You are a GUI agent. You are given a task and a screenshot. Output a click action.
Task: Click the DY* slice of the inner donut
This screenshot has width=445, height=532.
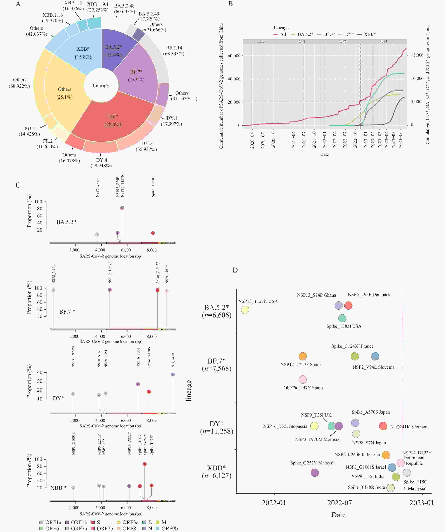[113, 120]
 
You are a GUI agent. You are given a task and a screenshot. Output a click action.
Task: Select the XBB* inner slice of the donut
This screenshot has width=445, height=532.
[83, 53]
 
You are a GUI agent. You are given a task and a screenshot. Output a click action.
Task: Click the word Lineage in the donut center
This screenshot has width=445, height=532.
[101, 85]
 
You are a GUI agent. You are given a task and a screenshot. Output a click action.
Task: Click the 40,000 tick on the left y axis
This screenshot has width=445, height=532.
[234, 79]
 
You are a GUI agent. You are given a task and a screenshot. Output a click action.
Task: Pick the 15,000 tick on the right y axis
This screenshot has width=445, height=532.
[417, 55]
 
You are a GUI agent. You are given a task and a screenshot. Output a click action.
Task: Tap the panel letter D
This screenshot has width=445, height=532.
[235, 270]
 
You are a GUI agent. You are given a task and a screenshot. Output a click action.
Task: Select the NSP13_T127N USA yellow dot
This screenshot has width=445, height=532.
[245, 310]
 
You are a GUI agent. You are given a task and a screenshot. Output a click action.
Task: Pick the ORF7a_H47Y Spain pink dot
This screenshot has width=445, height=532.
[303, 379]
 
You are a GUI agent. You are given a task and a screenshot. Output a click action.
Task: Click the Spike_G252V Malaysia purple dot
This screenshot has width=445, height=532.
[315, 472]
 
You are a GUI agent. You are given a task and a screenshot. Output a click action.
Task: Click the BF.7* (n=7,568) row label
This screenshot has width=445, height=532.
[217, 364]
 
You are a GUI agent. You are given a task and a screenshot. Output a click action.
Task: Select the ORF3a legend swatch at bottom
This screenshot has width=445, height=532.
[119, 522]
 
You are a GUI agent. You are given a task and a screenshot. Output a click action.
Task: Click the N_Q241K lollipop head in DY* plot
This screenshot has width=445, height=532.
[173, 374]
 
